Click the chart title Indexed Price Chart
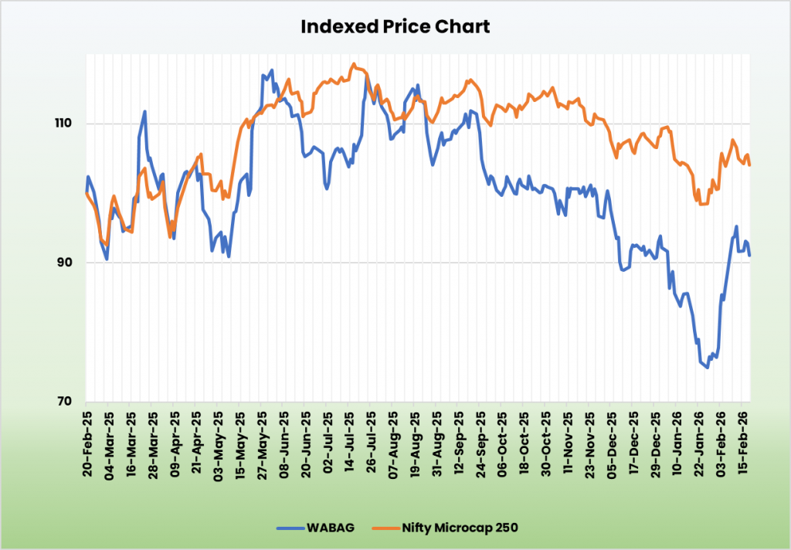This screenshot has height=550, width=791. point(395,27)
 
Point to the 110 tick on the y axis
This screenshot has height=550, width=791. point(62,124)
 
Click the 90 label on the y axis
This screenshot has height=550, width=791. point(65,263)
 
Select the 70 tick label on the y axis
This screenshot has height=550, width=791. point(65,402)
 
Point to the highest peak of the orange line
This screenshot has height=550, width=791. point(354,64)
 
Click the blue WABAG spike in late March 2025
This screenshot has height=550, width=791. point(144,112)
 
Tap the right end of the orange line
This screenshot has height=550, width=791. point(749,165)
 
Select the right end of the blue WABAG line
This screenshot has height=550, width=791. point(749,256)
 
